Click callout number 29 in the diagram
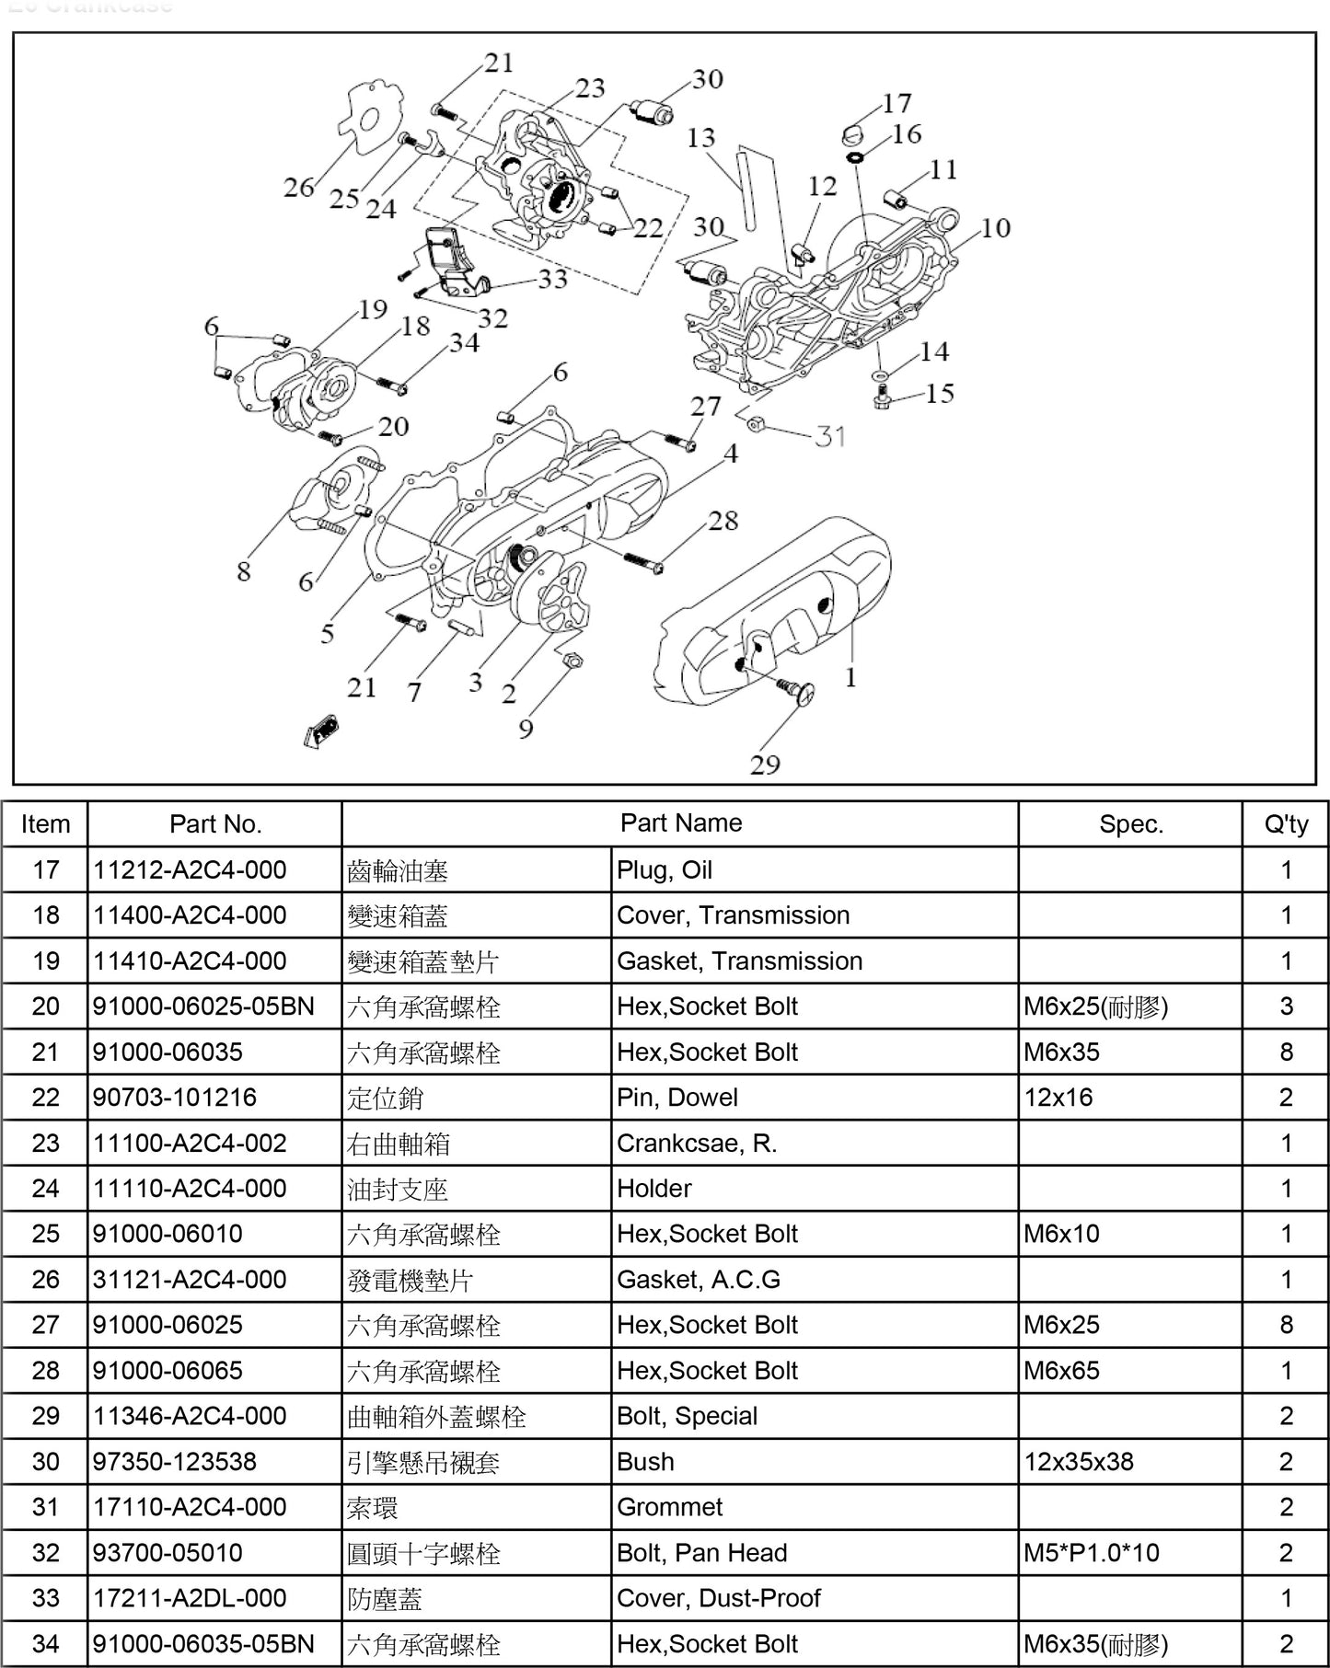(765, 765)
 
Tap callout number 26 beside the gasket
(299, 187)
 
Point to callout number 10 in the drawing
(995, 227)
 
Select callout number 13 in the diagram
(700, 138)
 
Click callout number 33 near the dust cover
(552, 279)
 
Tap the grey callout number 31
(830, 435)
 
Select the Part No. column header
(215, 824)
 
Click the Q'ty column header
(1286, 824)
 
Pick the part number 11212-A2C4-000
(190, 869)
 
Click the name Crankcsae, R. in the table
(697, 1143)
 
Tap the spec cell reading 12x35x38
(1079, 1462)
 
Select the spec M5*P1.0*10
(1092, 1553)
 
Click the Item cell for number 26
(45, 1280)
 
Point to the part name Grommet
(669, 1507)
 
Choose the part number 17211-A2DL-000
(190, 1598)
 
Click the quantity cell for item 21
(1286, 1052)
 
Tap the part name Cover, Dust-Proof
(718, 1598)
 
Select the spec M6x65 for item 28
(1061, 1371)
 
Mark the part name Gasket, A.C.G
(698, 1280)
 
